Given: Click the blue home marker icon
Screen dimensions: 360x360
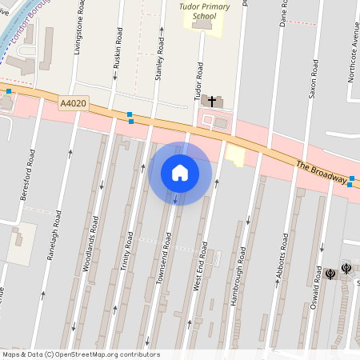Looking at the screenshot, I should point(180,173).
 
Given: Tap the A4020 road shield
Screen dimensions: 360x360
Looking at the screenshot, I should point(72,103).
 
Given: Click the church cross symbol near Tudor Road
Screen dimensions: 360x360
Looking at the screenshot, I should point(213,101).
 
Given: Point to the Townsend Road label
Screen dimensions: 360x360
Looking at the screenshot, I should point(165,257).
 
